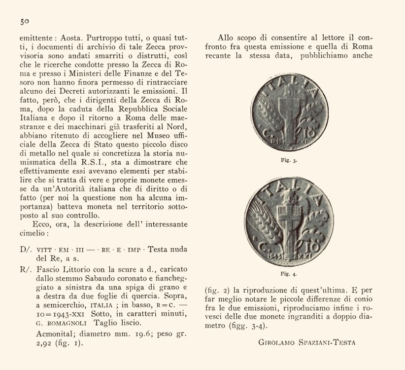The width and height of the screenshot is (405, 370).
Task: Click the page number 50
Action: pos(25,21)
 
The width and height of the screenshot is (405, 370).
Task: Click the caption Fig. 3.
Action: pos(292,160)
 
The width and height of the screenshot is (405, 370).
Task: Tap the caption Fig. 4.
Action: pos(292,273)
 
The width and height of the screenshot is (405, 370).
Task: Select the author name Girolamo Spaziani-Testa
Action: pos(306,342)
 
